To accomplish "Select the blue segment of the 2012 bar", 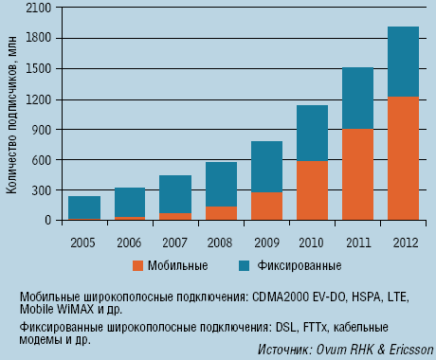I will pos(402,62).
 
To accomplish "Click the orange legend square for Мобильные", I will pos(138,265).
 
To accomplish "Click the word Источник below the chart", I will pos(285,350).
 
